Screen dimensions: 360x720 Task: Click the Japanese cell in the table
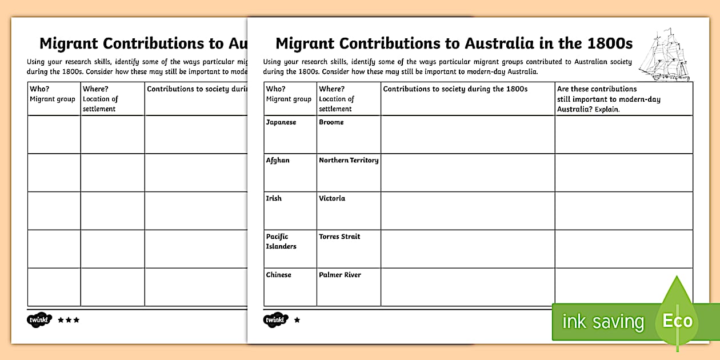tap(281, 122)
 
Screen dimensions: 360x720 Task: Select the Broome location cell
tap(331, 122)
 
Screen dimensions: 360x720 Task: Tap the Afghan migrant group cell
tap(278, 161)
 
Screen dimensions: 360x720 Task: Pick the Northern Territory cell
tap(349, 161)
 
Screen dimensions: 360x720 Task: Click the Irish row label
tap(274, 198)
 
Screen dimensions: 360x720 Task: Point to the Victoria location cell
tap(332, 198)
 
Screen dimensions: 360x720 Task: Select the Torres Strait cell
tap(339, 237)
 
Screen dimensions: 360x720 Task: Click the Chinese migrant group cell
tap(279, 275)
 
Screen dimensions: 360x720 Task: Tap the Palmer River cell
tap(340, 275)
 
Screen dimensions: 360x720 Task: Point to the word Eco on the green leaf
tap(677, 321)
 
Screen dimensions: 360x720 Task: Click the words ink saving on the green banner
tap(603, 322)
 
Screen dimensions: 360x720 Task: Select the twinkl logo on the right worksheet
tap(277, 320)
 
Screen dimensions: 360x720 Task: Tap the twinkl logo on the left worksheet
tap(40, 320)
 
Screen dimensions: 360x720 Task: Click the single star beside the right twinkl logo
tap(297, 320)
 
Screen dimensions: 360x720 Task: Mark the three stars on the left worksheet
tap(69, 320)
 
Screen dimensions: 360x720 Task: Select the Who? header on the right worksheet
tap(276, 89)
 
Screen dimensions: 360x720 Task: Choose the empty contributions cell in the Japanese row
tap(467, 134)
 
